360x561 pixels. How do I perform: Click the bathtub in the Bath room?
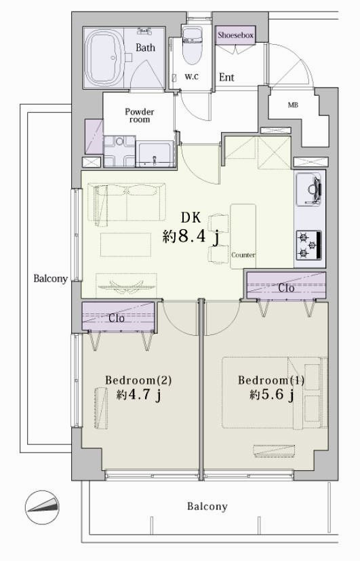104,58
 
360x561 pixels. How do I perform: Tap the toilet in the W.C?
193,45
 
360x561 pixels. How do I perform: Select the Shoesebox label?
235,35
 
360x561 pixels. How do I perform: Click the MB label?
293,105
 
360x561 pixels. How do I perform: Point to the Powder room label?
140,115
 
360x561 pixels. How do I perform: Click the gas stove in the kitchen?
308,245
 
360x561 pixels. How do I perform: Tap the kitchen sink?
308,190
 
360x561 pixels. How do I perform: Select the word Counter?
243,255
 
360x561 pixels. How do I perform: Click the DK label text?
191,218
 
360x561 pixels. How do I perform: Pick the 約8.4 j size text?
191,237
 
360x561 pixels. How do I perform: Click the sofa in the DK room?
126,203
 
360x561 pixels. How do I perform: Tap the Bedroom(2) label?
138,380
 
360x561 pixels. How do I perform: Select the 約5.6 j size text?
272,395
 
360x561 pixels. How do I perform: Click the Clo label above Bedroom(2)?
116,318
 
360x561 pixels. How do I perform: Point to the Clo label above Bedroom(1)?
286,288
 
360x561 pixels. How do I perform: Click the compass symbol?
42,507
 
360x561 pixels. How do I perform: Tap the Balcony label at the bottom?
207,507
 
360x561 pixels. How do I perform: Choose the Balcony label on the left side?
50,279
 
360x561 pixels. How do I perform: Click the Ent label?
226,77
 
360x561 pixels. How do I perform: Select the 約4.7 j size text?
138,395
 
